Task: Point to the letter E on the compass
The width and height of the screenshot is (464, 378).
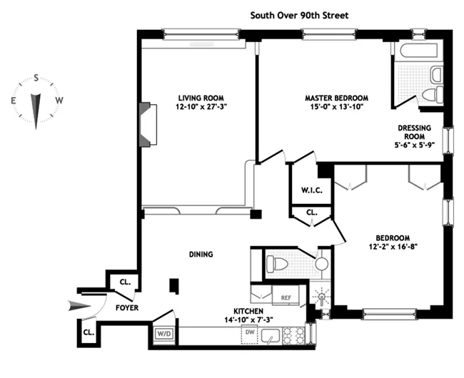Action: coord(13,101)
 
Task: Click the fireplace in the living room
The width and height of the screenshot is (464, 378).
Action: coord(146,124)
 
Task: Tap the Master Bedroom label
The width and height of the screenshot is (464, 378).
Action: coord(336,98)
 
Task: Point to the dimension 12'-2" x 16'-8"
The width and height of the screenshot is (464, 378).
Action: coord(393,247)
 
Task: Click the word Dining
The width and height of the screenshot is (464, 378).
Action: coord(201,254)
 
